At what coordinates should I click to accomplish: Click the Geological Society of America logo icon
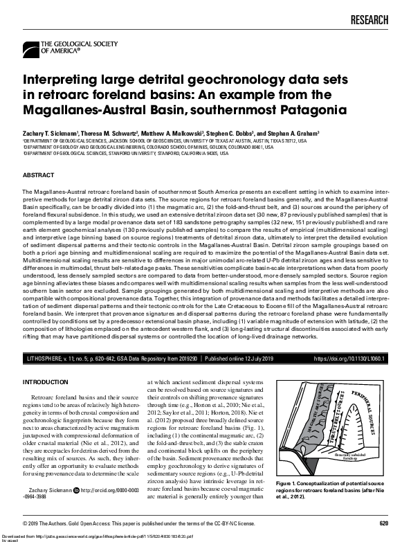(x=31, y=48)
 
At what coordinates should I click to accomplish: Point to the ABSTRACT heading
(x=39, y=175)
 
